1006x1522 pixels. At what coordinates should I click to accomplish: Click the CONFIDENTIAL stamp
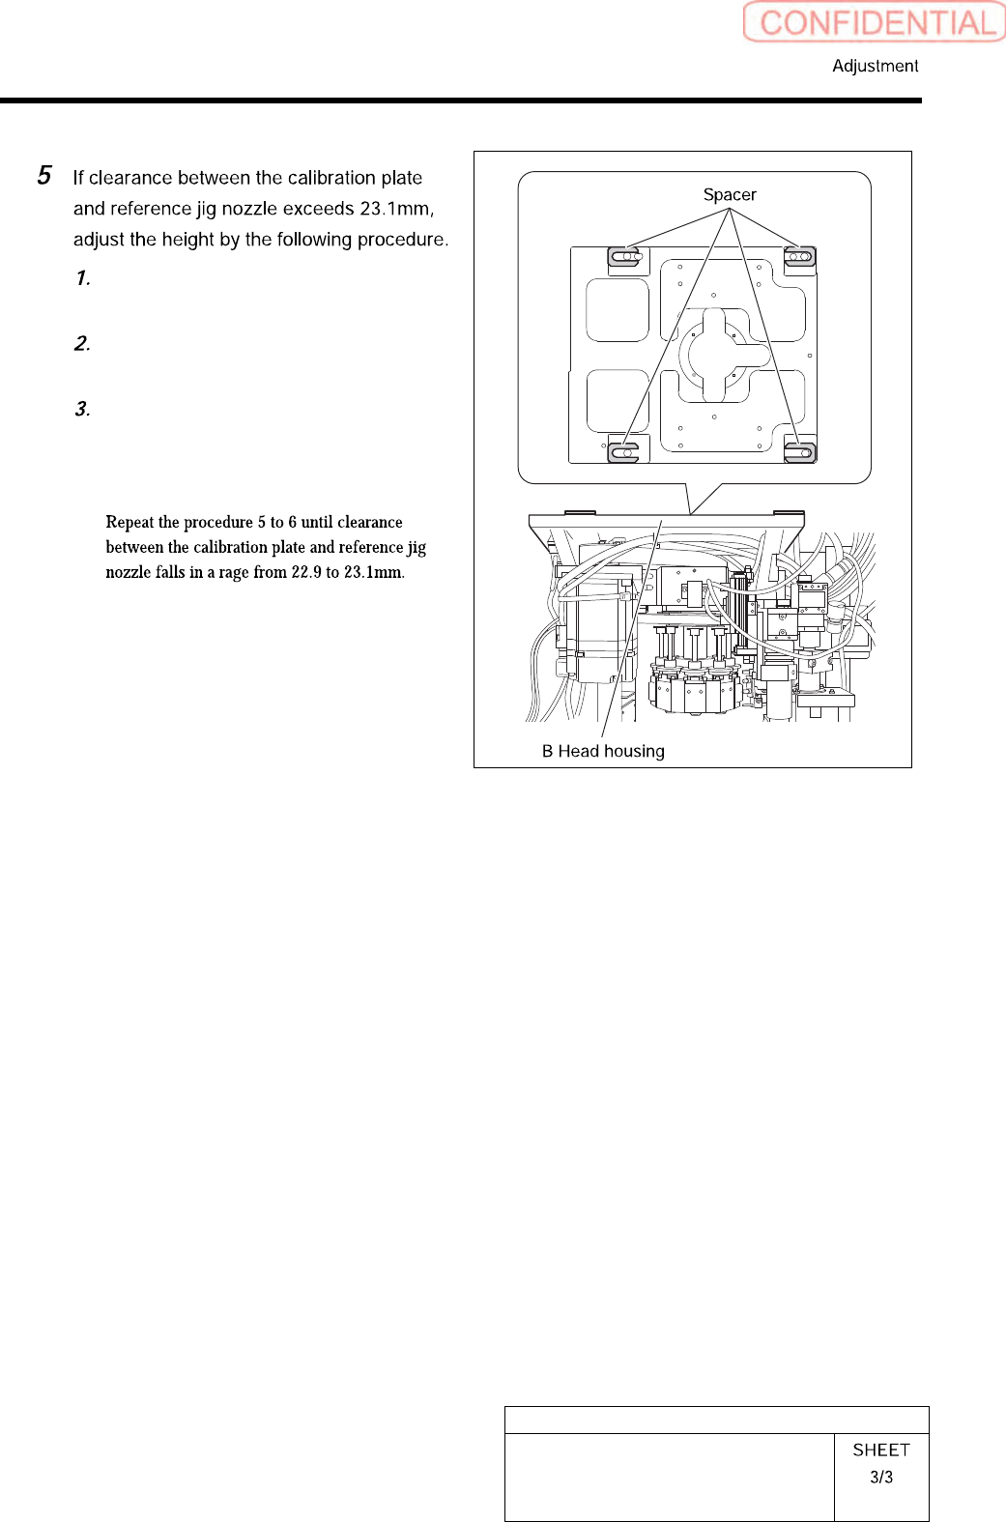875,22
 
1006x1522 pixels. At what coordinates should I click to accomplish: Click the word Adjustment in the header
875,66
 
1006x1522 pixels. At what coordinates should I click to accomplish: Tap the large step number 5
44,176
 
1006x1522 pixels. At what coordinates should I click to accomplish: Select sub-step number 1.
83,278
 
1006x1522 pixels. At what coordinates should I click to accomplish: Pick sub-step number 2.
83,344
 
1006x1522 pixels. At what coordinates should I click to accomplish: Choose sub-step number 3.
83,410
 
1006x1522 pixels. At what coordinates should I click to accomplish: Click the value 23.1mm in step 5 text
395,209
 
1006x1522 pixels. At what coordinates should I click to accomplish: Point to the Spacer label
730,194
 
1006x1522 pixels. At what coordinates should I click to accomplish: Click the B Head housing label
603,751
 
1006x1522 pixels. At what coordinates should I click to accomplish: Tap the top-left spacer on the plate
624,257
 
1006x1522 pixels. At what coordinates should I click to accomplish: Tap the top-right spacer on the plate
800,257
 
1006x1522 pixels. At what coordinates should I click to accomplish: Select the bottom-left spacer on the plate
624,451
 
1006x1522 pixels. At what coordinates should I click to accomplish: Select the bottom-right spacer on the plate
800,451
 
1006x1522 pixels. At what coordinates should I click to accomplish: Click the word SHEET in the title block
881,1450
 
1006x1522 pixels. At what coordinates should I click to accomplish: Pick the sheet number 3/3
881,1477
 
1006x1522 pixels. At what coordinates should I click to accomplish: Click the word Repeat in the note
129,522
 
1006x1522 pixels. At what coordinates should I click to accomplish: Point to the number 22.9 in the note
306,572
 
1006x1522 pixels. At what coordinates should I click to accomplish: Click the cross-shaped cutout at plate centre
714,355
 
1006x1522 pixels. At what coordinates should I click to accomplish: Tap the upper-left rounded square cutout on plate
618,310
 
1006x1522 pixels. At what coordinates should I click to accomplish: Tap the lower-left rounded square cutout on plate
618,401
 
